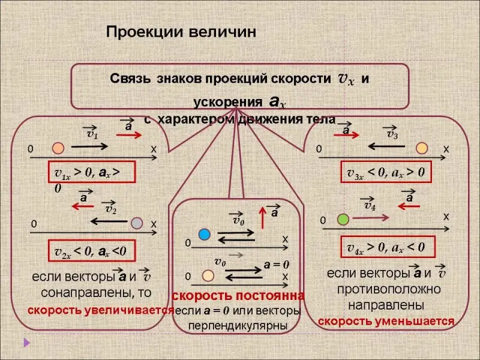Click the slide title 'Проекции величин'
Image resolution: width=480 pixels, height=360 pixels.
181,31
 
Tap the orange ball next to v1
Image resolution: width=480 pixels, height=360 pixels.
58,147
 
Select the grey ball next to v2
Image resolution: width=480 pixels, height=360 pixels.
137,223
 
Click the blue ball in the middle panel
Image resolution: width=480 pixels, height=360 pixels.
204,233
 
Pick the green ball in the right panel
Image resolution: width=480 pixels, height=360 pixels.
343,219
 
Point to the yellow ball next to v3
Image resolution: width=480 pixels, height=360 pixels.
422,148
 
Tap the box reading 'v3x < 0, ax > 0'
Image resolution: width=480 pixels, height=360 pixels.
386,172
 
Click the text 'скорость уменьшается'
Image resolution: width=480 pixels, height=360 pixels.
386,321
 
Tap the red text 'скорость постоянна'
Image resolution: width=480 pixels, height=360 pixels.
238,296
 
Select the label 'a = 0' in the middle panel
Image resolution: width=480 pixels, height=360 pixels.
277,264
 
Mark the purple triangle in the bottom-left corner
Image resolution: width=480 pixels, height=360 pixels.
26,344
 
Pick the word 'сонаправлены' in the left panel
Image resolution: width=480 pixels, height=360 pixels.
97,292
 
